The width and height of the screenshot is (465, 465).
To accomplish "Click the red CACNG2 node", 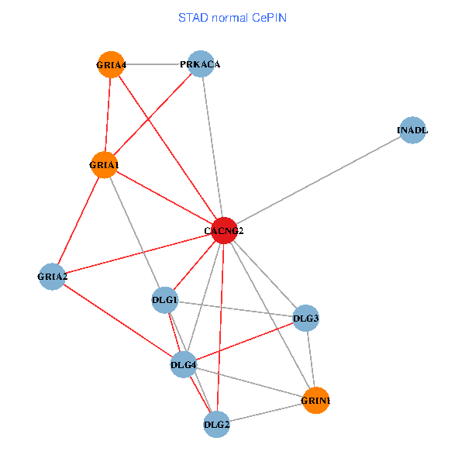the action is (223, 230).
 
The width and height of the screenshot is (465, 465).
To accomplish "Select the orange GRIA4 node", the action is (111, 64).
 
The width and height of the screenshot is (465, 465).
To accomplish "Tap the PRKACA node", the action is (200, 64).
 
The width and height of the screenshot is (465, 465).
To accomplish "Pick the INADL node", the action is (412, 130).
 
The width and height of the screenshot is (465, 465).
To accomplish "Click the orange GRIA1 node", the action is (104, 164).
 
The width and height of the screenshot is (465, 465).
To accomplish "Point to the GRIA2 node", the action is (52, 276).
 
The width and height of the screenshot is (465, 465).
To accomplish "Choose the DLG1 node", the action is (164, 300).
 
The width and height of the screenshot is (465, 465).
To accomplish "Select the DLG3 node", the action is (306, 317).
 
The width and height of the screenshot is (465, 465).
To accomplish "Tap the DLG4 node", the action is (184, 364).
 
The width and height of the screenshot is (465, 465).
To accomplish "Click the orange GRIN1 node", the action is (315, 400).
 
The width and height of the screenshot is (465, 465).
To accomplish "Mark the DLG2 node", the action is (216, 424).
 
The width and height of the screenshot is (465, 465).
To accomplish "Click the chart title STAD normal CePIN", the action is (232, 17).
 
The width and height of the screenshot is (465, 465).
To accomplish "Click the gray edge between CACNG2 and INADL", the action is (318, 180).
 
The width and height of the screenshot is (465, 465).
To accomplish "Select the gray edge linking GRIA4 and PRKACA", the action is (155, 64).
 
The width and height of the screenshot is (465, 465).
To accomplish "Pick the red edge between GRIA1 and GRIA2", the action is (77, 220).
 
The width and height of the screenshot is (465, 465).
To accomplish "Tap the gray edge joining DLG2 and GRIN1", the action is (266, 412).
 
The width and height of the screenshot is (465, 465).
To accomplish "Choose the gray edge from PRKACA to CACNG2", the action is (212, 147).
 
